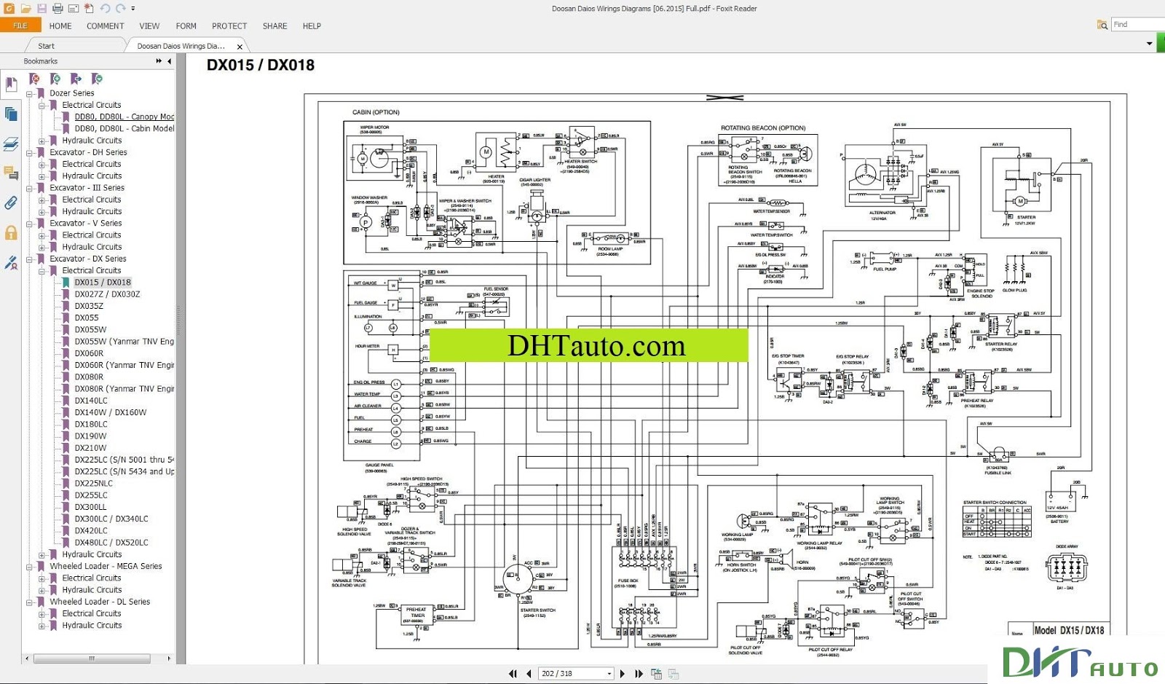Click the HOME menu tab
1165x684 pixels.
click(x=60, y=25)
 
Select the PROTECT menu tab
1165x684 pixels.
click(x=229, y=25)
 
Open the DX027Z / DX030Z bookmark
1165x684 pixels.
click(x=107, y=294)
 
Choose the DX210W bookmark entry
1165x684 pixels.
click(x=90, y=448)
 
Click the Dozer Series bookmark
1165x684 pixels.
click(x=71, y=93)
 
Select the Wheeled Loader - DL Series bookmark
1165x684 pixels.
click(x=100, y=602)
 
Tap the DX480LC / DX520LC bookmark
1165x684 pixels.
click(x=111, y=543)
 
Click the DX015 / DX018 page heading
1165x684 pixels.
click(x=261, y=65)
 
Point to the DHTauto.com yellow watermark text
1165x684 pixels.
click(x=596, y=345)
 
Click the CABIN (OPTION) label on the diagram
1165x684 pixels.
click(x=376, y=112)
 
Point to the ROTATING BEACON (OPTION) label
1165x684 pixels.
click(x=763, y=128)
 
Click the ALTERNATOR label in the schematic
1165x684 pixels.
click(x=882, y=213)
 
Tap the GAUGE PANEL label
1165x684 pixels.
click(x=379, y=465)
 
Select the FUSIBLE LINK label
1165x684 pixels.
click(x=998, y=473)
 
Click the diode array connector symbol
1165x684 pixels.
click(x=1066, y=567)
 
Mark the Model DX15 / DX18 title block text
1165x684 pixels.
click(x=1069, y=630)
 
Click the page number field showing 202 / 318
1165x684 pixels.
click(x=574, y=674)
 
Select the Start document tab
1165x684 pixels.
click(x=46, y=46)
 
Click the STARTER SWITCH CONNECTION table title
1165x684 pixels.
click(x=995, y=503)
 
